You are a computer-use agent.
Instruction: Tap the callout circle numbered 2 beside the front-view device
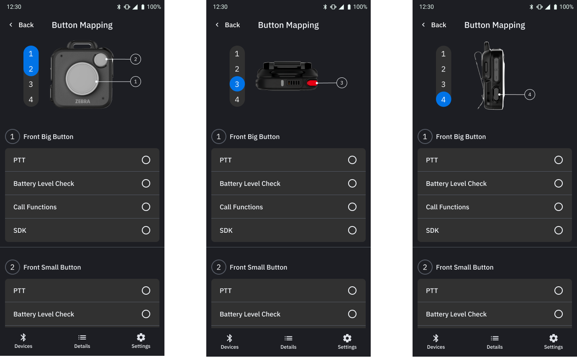click(136, 59)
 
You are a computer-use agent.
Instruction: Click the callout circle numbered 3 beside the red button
click(341, 83)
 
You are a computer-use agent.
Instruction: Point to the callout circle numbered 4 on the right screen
click(530, 95)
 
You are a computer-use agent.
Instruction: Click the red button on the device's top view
click(312, 83)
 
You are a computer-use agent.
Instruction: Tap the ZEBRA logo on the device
click(83, 101)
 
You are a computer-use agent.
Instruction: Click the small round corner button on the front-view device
click(100, 60)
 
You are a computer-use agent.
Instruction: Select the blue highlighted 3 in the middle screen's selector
click(237, 84)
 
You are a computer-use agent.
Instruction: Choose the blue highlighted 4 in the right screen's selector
click(443, 99)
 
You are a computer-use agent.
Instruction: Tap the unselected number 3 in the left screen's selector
click(31, 84)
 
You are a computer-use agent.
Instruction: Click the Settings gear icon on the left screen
click(141, 337)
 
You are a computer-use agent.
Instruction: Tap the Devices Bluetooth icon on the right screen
click(436, 338)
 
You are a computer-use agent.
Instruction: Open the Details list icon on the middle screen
click(288, 338)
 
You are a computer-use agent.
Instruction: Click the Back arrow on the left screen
click(11, 25)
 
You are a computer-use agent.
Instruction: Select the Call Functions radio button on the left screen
click(146, 207)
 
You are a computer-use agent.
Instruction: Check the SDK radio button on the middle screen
click(352, 230)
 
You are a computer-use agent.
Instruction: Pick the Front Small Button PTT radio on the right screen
click(559, 291)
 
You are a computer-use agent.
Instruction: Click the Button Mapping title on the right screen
click(495, 25)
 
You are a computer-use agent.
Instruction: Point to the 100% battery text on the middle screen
click(360, 7)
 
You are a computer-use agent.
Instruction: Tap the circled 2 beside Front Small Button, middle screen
click(219, 267)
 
